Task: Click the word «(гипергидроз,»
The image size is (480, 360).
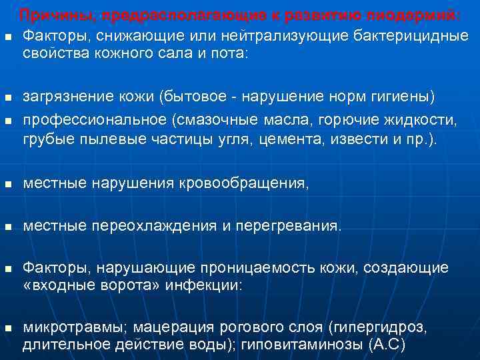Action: pyautogui.click(x=376, y=328)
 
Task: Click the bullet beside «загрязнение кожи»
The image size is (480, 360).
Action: pyautogui.click(x=7, y=99)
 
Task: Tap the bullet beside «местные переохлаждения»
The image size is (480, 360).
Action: pyautogui.click(x=7, y=227)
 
